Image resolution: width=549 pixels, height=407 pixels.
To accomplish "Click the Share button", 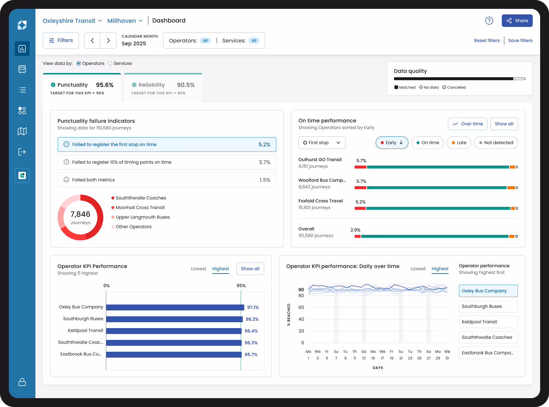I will click(517, 21).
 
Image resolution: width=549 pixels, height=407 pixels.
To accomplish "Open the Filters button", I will click(61, 41).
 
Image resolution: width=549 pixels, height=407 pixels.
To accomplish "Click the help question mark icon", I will click(489, 21).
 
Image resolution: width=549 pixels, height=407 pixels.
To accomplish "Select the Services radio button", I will click(110, 63).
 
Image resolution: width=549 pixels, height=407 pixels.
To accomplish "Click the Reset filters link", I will click(487, 41).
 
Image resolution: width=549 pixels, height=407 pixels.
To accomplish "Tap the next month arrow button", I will click(108, 41).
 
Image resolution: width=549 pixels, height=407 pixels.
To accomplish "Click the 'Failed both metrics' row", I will click(167, 180).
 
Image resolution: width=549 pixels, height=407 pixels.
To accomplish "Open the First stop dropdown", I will click(322, 143).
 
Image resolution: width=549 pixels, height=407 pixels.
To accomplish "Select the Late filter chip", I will click(459, 143).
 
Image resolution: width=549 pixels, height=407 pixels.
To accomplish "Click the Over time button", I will click(467, 124).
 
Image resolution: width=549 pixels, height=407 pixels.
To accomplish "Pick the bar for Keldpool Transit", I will click(173, 331).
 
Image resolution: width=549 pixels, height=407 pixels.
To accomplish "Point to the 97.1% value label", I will click(253, 307).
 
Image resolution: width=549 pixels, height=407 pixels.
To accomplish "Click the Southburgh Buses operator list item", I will click(488, 306).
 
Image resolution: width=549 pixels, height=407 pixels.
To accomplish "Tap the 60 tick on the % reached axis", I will click(301, 307).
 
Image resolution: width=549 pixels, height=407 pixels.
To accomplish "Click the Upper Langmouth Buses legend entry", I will click(142, 217).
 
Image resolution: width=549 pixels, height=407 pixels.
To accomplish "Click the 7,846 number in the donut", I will click(80, 214).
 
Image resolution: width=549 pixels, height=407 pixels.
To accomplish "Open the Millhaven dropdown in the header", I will click(125, 21).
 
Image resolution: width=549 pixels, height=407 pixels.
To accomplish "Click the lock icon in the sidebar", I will click(22, 382).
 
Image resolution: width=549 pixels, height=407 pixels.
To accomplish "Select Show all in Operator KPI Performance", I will click(250, 269).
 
